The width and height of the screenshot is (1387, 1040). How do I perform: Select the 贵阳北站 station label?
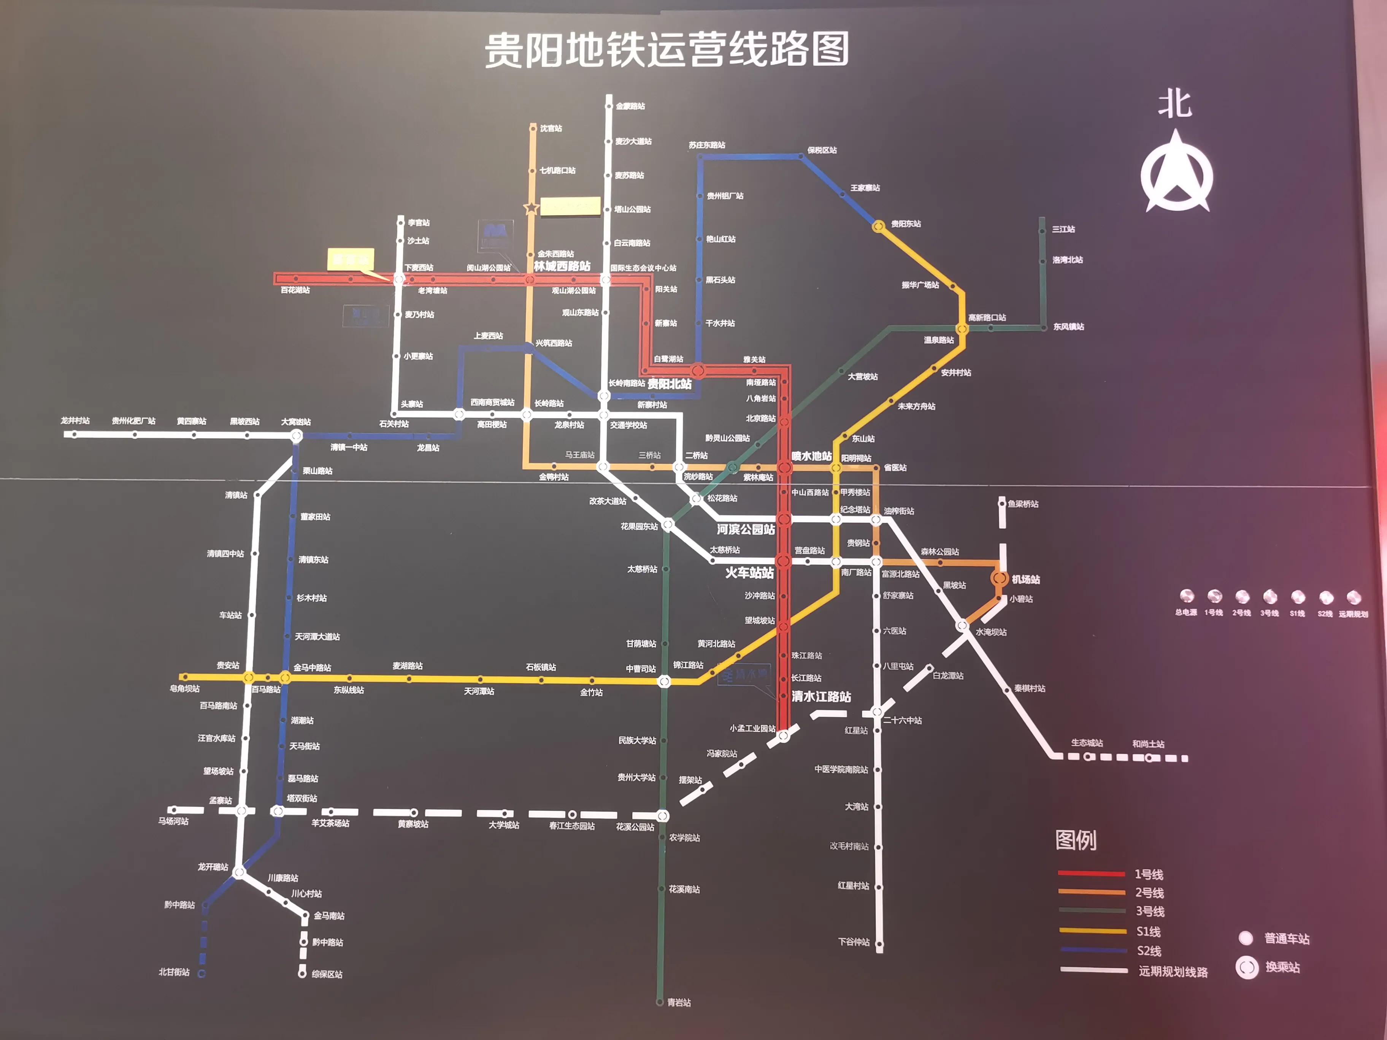[x=669, y=384]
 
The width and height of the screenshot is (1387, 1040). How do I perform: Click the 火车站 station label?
[x=749, y=572]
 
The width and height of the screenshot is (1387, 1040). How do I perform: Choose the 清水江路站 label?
[x=821, y=696]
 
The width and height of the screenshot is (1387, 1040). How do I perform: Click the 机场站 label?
[x=1026, y=579]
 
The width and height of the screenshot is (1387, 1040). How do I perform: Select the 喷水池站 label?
[x=811, y=457]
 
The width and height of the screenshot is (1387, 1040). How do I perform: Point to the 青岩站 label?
[x=679, y=1002]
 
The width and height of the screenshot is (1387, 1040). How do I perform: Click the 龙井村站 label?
[x=75, y=421]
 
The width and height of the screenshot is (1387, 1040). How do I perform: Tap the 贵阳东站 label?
[x=906, y=224]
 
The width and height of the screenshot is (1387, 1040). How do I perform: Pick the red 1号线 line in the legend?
[x=1091, y=873]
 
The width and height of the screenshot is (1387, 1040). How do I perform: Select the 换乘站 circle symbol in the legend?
[x=1247, y=968]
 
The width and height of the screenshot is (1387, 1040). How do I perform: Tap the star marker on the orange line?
[x=531, y=208]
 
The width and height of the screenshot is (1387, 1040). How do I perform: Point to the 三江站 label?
[x=1063, y=230]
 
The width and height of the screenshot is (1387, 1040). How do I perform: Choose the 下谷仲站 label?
[x=854, y=942]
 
